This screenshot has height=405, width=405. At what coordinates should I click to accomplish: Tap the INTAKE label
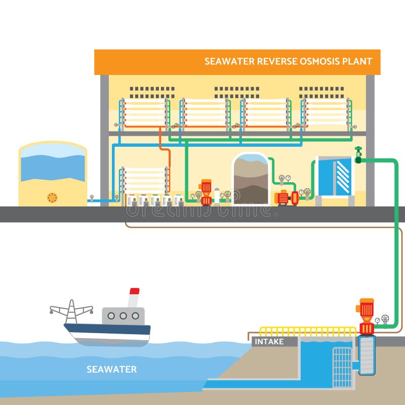click(x=269, y=342)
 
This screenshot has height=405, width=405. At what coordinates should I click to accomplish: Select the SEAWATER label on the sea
click(x=111, y=369)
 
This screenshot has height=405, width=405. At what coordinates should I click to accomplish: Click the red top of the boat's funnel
click(x=134, y=291)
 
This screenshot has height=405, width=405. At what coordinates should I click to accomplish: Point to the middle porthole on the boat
click(x=123, y=315)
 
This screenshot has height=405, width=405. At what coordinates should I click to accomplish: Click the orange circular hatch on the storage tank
click(x=52, y=196)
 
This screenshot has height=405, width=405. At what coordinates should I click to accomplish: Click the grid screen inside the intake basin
click(x=342, y=367)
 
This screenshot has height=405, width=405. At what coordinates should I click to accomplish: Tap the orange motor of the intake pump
click(x=366, y=310)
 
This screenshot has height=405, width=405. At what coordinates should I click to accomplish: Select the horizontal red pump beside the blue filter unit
click(x=286, y=197)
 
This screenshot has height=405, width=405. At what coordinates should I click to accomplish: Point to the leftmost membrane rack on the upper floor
click(x=144, y=112)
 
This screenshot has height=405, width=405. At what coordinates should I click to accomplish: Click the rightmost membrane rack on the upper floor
click(x=327, y=112)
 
